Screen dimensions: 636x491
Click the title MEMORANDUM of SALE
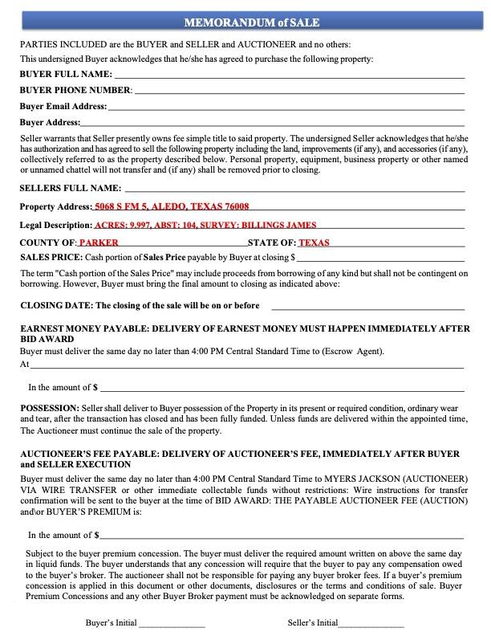click(x=245, y=22)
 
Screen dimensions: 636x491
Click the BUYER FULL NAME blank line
click(x=289, y=75)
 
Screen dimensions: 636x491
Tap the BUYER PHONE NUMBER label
click(x=75, y=90)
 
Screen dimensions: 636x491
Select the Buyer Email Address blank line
click(x=285, y=108)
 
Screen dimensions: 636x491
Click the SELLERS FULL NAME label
click(x=69, y=188)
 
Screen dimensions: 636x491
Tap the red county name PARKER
click(x=99, y=243)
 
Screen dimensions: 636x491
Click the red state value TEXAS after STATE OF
click(x=314, y=243)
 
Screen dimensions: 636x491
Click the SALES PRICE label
click(x=51, y=258)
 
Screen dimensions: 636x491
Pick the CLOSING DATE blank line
click(x=367, y=308)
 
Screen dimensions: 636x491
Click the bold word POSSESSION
click(x=49, y=408)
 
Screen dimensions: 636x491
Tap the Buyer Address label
click(x=50, y=122)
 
